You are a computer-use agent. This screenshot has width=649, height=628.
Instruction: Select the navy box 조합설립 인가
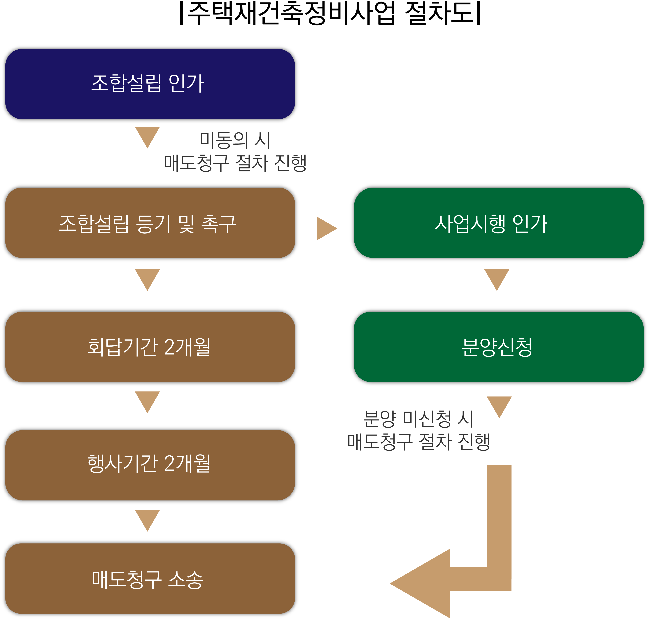coord(150,84)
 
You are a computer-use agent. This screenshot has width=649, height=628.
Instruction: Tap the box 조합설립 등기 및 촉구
coord(150,223)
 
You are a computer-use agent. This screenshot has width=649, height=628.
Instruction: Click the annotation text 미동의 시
coord(235,140)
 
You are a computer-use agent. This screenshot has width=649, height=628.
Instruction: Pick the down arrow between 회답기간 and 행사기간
coord(147,400)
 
